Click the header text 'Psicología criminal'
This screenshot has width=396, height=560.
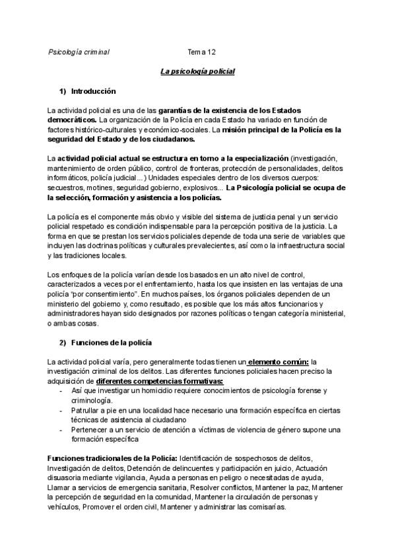79,52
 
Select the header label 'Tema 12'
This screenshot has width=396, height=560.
201,52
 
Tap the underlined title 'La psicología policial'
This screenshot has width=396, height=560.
198,71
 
